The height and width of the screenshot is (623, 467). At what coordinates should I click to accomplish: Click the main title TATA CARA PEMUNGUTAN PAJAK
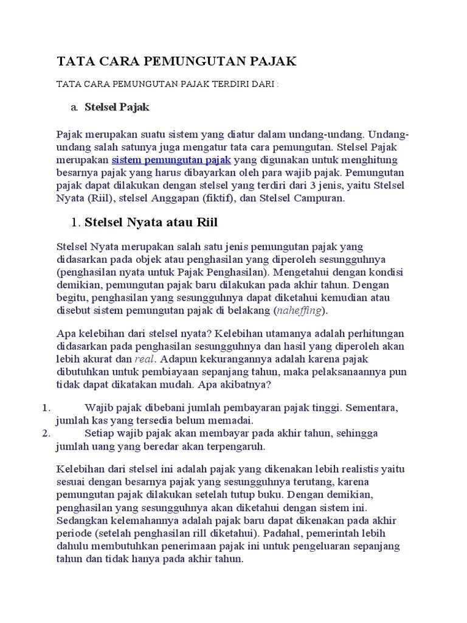click(x=176, y=61)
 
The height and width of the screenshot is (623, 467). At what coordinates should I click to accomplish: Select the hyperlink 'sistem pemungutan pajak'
click(x=171, y=160)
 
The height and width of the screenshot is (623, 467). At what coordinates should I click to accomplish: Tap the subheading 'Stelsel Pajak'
click(x=117, y=108)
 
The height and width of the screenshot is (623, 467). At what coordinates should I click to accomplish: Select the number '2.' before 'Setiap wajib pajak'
click(x=45, y=434)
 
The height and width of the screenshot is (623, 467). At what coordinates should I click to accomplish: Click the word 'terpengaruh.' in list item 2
click(x=237, y=447)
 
